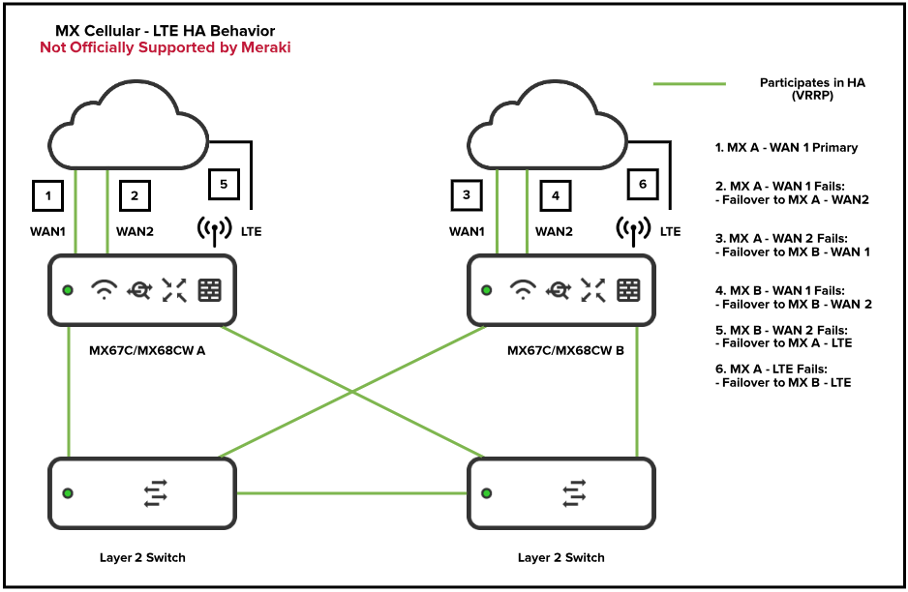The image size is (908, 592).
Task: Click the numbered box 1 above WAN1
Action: pyautogui.click(x=47, y=195)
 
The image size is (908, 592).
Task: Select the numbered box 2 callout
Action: pyautogui.click(x=136, y=195)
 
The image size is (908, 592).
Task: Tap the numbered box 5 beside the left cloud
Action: pyautogui.click(x=224, y=184)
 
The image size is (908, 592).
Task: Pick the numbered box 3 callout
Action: pyautogui.click(x=467, y=195)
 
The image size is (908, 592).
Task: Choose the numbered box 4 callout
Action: pyautogui.click(x=556, y=195)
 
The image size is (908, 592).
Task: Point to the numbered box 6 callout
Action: pyautogui.click(x=643, y=184)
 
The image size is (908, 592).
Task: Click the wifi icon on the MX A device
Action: pyautogui.click(x=104, y=289)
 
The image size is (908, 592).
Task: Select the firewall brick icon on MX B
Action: pyautogui.click(x=629, y=289)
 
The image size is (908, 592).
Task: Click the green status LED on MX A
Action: pyautogui.click(x=68, y=290)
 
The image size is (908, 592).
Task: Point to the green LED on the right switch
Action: pyautogui.click(x=487, y=493)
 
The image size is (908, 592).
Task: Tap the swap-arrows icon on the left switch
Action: pyautogui.click(x=155, y=493)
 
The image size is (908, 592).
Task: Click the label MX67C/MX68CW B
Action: pyautogui.click(x=566, y=350)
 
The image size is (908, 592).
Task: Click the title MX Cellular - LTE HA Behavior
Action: pyautogui.click(x=165, y=31)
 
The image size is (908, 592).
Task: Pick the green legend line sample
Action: pyautogui.click(x=688, y=85)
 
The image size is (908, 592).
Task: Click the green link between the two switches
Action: pyautogui.click(x=351, y=493)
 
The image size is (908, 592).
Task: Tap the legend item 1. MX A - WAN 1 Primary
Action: pyautogui.click(x=786, y=148)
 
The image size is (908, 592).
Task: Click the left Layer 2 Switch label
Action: pyautogui.click(x=142, y=557)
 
